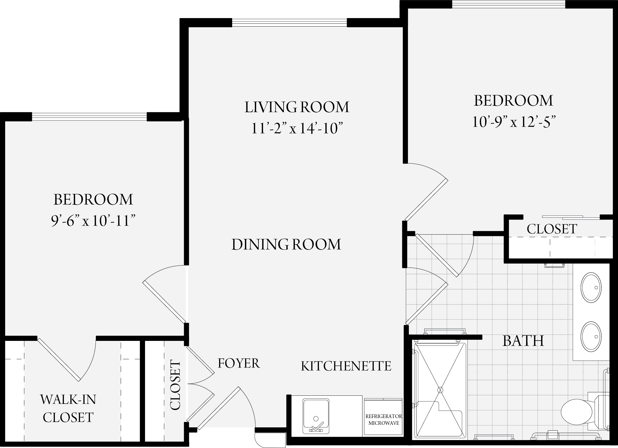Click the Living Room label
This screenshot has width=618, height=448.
(297, 107)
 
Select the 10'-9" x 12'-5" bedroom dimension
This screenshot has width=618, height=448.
(513, 122)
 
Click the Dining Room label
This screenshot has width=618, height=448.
(286, 244)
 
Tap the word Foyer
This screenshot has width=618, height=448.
(239, 363)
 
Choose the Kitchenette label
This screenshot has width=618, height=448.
(346, 366)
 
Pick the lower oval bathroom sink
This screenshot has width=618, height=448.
(591, 337)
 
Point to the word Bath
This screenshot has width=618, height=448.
(523, 341)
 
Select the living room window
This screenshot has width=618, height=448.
(289, 23)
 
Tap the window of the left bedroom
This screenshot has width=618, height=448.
(89, 117)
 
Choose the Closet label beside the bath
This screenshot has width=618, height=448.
(552, 229)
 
